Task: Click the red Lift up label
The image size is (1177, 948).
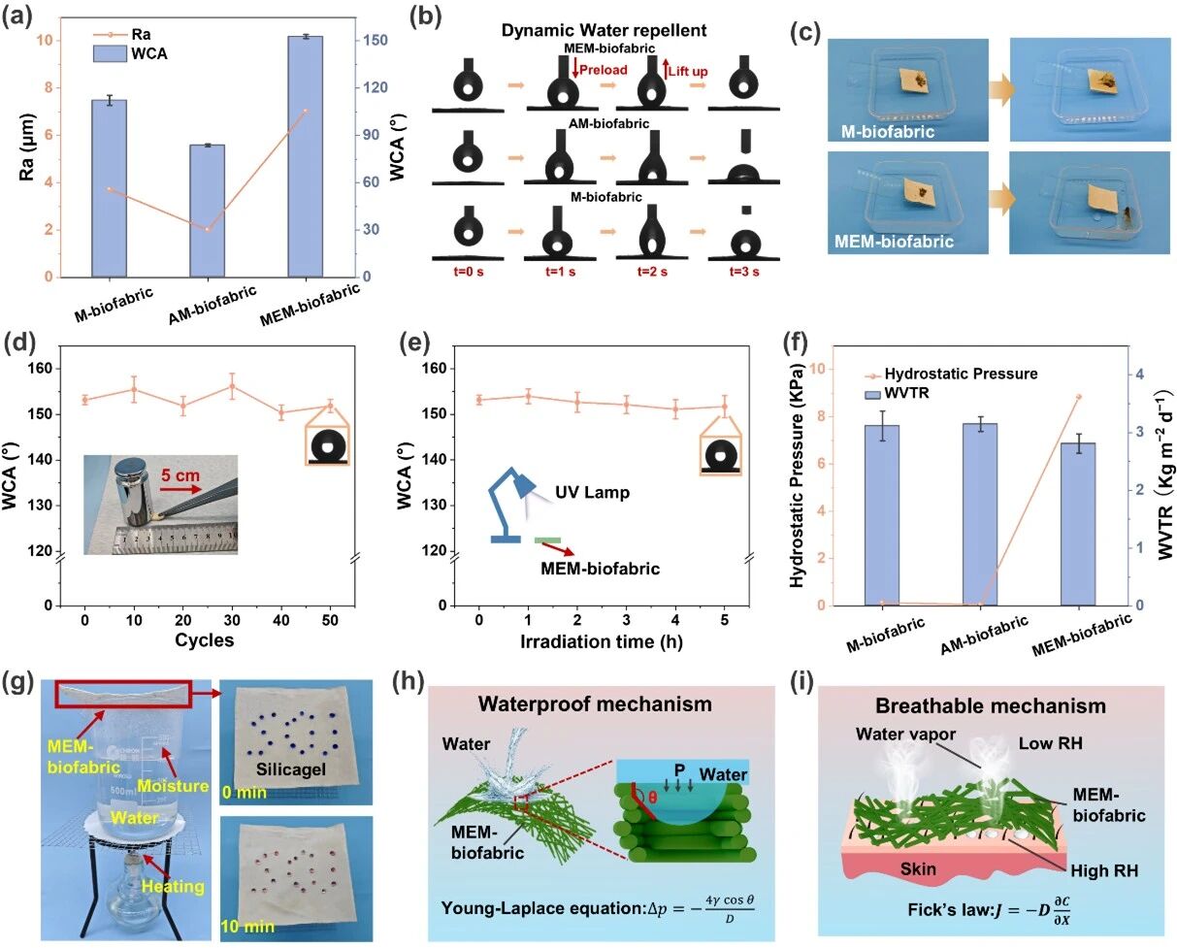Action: tap(691, 69)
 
